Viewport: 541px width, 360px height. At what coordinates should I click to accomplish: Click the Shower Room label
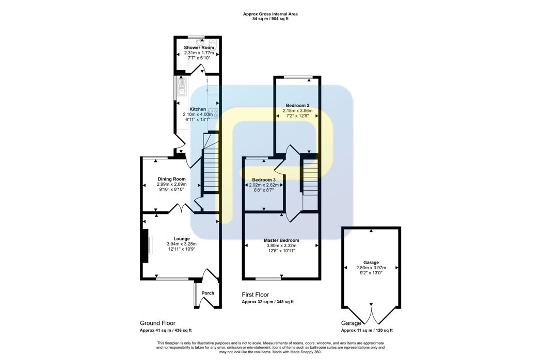pyautogui.click(x=199, y=47)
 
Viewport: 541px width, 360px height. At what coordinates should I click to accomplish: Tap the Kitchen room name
pyautogui.click(x=198, y=109)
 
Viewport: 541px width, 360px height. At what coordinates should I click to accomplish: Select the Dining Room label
pyautogui.click(x=171, y=179)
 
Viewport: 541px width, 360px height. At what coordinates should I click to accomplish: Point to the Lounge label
pyautogui.click(x=182, y=239)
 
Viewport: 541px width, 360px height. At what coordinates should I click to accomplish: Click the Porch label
pyautogui.click(x=208, y=293)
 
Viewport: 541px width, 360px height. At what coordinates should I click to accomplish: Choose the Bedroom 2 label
pyautogui.click(x=297, y=105)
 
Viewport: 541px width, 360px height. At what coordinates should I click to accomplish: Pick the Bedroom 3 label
pyautogui.click(x=264, y=179)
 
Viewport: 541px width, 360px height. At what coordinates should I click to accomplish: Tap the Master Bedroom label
pyautogui.click(x=281, y=240)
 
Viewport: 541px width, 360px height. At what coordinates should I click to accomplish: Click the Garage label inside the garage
pyautogui.click(x=371, y=263)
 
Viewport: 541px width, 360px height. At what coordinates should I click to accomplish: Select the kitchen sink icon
pyautogui.click(x=182, y=87)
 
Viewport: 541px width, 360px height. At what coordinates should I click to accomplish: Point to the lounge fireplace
pyautogui.click(x=146, y=246)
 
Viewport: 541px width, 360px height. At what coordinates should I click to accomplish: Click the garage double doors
pyautogui.click(x=371, y=314)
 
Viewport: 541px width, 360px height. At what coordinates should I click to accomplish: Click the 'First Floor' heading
pyautogui.click(x=256, y=294)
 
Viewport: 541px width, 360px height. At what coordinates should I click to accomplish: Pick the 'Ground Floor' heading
pyautogui.click(x=157, y=323)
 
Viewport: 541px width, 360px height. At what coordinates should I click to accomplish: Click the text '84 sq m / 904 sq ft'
pyautogui.click(x=270, y=19)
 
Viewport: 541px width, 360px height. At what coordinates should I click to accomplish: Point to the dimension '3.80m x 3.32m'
pyautogui.click(x=281, y=246)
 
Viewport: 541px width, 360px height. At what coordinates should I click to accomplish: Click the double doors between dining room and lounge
pyautogui.click(x=182, y=209)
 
